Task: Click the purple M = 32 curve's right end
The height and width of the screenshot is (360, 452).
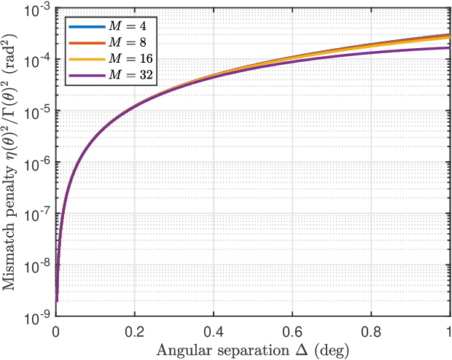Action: (447, 48)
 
